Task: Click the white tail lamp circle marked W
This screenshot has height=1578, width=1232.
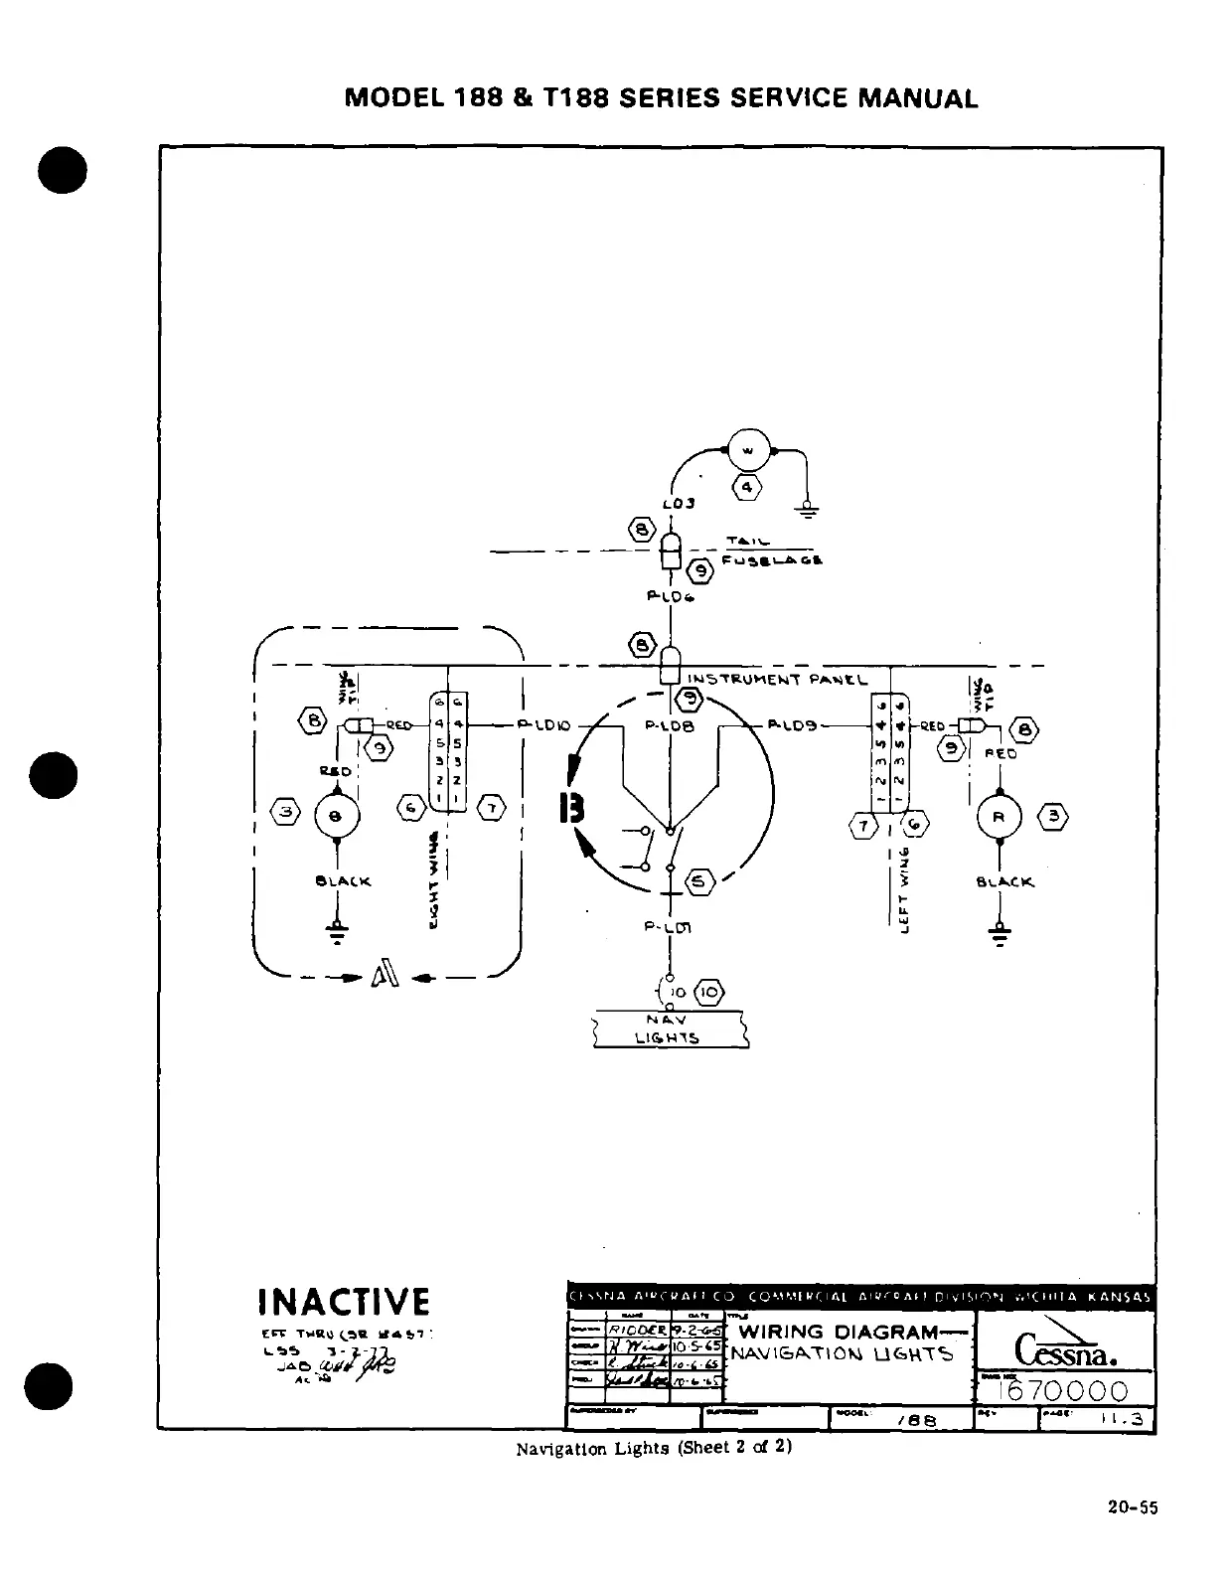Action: [749, 452]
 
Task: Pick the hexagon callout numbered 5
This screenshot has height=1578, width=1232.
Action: [698, 880]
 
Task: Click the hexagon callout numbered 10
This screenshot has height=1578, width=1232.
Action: [711, 992]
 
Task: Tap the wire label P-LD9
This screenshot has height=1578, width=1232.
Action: [792, 725]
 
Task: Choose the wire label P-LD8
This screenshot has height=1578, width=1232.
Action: [670, 726]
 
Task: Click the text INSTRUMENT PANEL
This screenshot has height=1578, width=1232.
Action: [778, 681]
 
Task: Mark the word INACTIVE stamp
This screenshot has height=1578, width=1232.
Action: [344, 1302]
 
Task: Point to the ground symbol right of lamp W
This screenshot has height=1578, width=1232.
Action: [809, 510]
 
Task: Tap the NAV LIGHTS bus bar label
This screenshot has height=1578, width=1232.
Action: [668, 1028]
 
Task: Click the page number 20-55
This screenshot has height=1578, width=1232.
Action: [1133, 1507]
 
